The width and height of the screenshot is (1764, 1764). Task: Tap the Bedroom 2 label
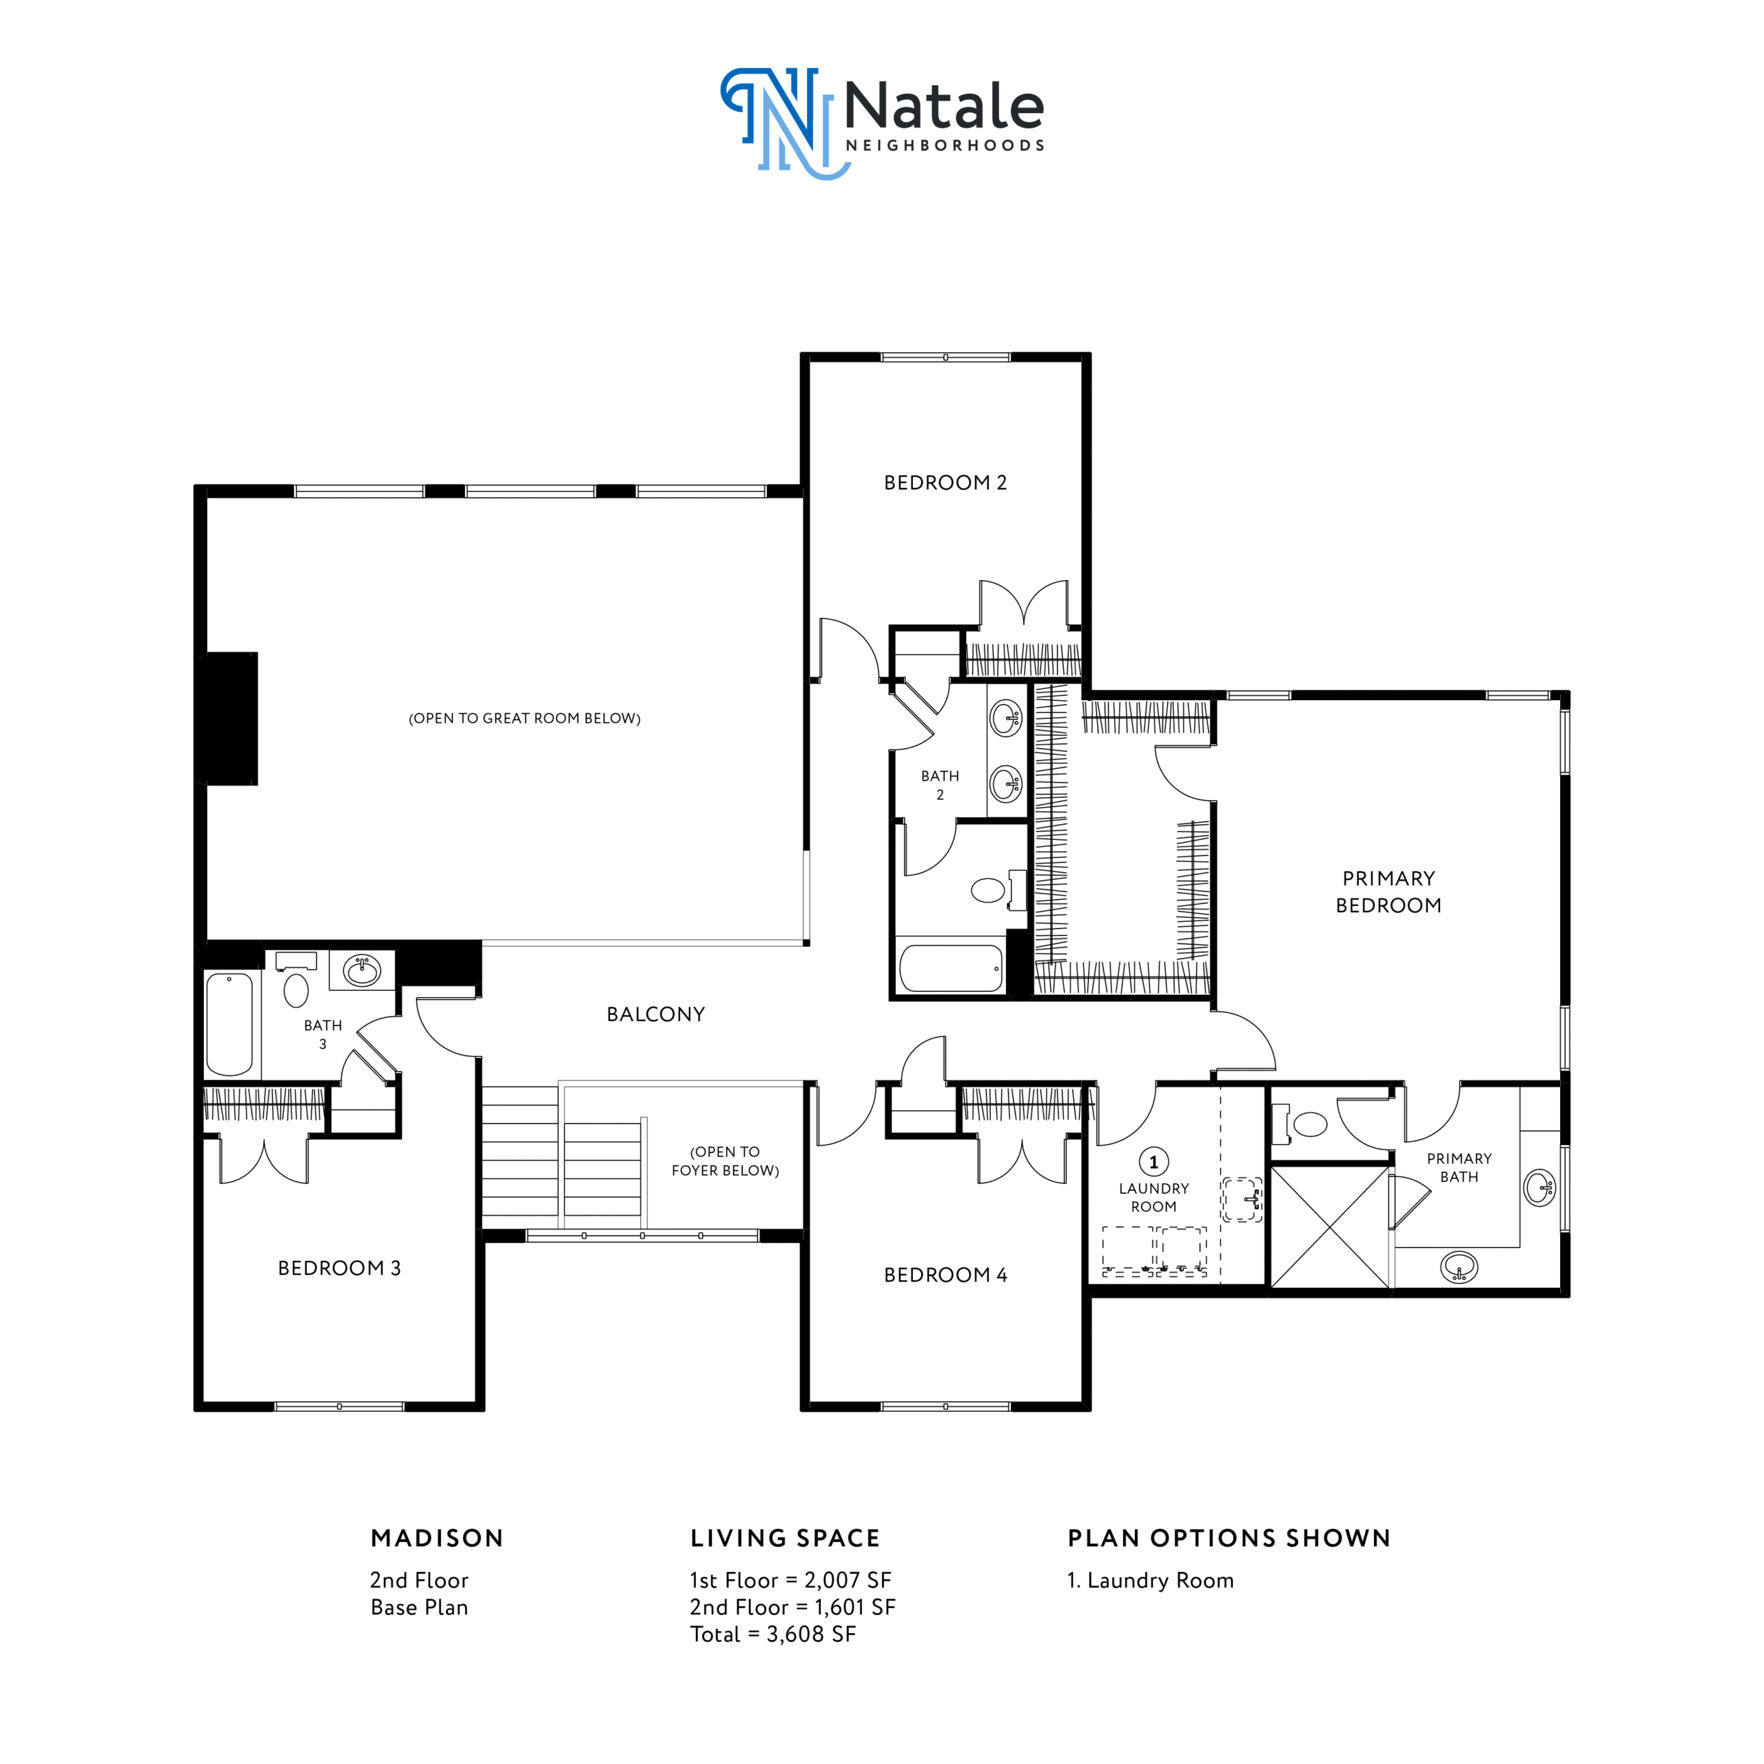click(x=945, y=483)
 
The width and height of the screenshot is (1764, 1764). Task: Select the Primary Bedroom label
click(x=1388, y=892)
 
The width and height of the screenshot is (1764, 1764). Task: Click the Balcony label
click(x=655, y=1014)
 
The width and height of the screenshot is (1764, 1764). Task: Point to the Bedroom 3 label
click(x=340, y=1268)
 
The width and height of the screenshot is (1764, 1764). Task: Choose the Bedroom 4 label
click(x=945, y=1275)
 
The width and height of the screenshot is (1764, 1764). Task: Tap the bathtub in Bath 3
click(x=229, y=1025)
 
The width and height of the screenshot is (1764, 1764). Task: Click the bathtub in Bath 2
click(x=950, y=969)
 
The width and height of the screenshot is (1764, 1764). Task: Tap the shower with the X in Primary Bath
click(x=1331, y=1228)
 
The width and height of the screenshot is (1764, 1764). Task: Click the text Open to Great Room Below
click(x=524, y=719)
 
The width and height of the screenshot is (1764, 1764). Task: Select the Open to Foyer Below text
click(x=725, y=1161)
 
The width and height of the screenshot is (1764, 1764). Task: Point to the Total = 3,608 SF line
click(x=772, y=1634)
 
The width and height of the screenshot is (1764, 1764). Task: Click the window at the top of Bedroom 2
click(x=945, y=357)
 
